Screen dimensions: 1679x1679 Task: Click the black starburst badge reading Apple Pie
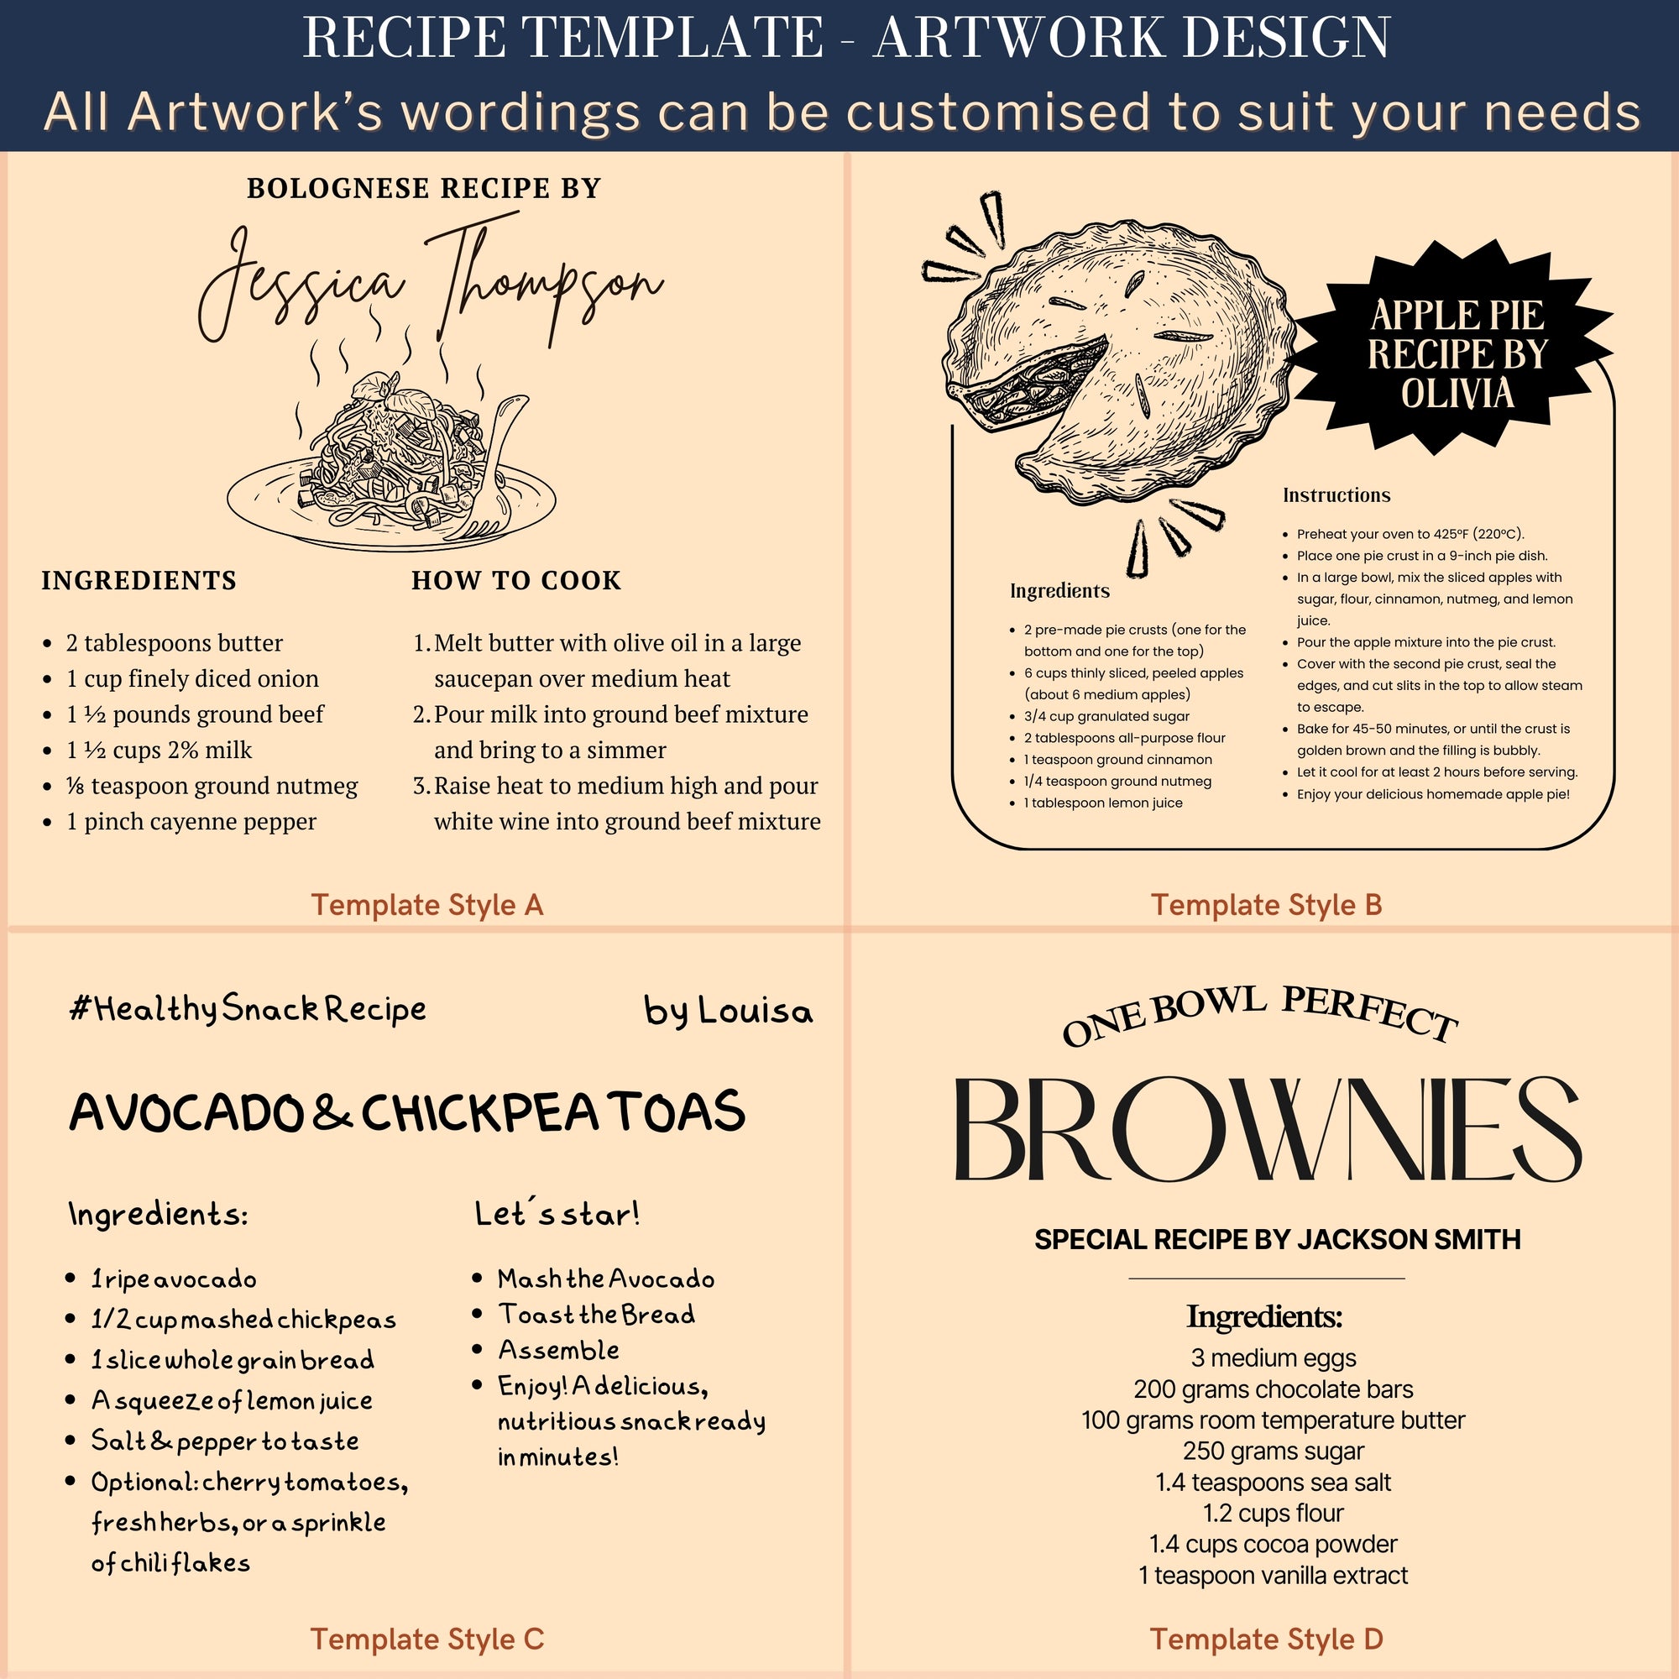tap(1457, 352)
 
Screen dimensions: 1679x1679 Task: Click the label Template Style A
tap(426, 905)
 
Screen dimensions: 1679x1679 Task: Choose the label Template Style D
tap(1266, 1639)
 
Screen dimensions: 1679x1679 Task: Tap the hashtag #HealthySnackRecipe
tap(248, 1010)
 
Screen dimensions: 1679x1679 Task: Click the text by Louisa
tap(728, 1012)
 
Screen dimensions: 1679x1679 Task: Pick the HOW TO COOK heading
tap(516, 581)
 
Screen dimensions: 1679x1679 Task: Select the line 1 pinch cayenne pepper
tap(191, 821)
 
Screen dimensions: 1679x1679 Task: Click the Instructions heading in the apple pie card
tap(1336, 495)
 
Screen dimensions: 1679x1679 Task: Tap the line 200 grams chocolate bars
tap(1274, 1389)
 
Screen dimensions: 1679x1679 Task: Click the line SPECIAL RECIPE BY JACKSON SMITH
tap(1277, 1239)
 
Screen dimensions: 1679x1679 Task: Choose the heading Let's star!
tap(557, 1214)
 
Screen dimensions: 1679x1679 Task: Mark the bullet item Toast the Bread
tap(596, 1315)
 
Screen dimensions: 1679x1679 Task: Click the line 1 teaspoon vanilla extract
tap(1274, 1575)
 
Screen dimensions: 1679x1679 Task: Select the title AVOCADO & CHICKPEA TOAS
tap(406, 1112)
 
